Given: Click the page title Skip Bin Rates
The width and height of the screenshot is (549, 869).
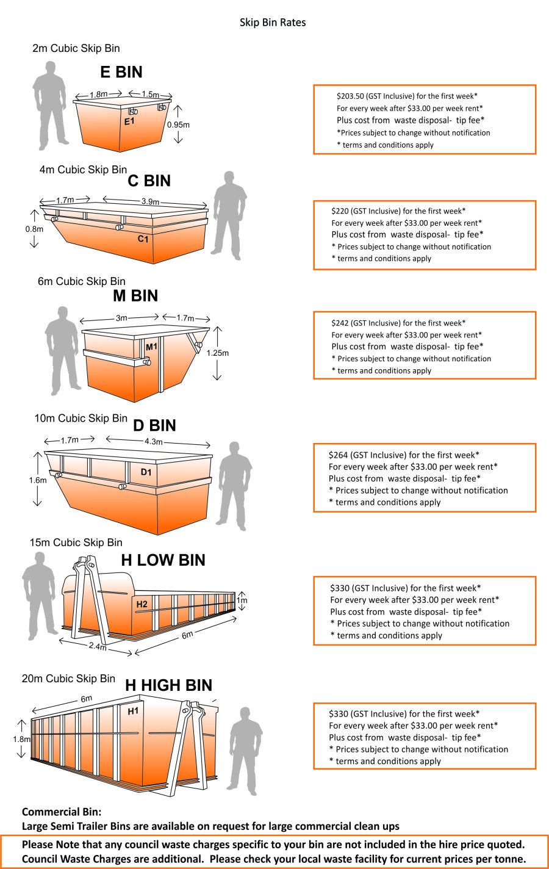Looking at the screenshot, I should click(x=273, y=23).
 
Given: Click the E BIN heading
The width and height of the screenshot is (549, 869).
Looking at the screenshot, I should click(x=121, y=72).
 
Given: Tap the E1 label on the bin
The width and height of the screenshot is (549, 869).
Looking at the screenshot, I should click(x=129, y=121).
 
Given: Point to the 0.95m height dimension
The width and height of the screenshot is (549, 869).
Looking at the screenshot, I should click(x=178, y=124).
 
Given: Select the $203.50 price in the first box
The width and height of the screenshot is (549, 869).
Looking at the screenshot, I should click(x=350, y=96).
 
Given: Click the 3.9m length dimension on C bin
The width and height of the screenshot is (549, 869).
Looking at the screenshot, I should click(x=150, y=201).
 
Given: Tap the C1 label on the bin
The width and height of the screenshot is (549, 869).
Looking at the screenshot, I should click(x=143, y=239).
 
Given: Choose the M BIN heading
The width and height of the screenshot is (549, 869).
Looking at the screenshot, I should click(x=135, y=296).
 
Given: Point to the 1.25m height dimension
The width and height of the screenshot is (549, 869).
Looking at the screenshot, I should click(x=218, y=353).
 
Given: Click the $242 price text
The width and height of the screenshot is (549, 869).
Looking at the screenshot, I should click(x=340, y=323).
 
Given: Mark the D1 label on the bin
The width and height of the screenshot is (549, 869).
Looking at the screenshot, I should click(x=146, y=472).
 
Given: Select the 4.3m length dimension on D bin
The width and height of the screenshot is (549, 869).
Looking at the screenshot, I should click(x=154, y=441).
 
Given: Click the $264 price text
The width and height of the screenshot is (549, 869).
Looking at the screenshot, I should click(x=339, y=455).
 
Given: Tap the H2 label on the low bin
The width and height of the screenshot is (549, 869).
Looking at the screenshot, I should click(x=142, y=604).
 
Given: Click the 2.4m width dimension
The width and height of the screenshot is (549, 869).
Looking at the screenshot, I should click(x=98, y=646).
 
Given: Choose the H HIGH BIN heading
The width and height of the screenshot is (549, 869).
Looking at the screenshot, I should click(x=168, y=685).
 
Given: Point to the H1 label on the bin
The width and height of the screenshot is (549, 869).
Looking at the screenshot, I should click(x=133, y=711).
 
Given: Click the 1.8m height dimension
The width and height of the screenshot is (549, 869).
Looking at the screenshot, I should click(x=21, y=739).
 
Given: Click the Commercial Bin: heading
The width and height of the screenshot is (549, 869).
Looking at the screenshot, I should click(x=62, y=812).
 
